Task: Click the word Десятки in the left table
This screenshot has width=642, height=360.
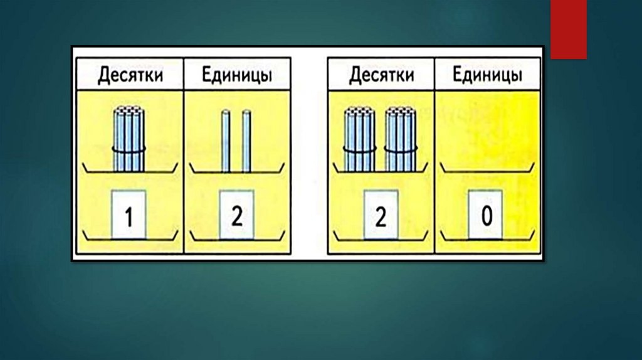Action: pos(130,76)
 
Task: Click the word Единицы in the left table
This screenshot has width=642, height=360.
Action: pos(237,76)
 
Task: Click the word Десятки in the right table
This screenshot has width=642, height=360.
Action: pos(382,76)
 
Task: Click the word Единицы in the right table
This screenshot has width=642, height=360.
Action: pos(488,76)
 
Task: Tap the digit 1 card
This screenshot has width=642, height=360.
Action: pos(129,215)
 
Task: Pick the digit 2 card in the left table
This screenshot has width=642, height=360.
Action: pos(236,215)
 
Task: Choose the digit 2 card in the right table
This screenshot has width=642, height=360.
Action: pos(381,215)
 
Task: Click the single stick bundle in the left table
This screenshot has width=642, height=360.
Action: pos(129,139)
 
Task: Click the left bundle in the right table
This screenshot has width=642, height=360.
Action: pos(360,139)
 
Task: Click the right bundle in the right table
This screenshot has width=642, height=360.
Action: pos(401,139)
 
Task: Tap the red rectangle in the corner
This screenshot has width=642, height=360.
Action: pos(569,29)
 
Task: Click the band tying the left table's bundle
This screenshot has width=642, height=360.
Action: pos(129,149)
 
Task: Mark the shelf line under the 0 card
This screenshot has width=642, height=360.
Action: pos(487,238)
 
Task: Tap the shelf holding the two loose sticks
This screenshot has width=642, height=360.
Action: pos(236,171)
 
